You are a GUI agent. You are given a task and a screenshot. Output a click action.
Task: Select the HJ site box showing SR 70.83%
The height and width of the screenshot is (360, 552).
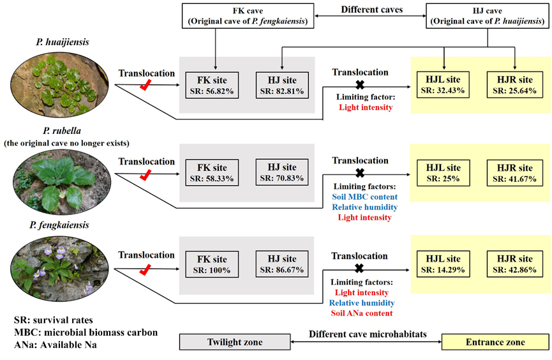pyautogui.click(x=280, y=173)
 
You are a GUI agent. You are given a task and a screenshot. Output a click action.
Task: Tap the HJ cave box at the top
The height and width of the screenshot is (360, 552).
pyautogui.click(x=488, y=15)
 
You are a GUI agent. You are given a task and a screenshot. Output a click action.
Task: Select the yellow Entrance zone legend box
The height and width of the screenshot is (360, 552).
pyautogui.click(x=495, y=342)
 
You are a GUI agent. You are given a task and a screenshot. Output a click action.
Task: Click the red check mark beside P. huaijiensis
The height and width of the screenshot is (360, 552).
pyautogui.click(x=145, y=85)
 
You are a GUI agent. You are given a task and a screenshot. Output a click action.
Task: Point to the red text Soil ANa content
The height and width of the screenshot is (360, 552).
pyautogui.click(x=362, y=313)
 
